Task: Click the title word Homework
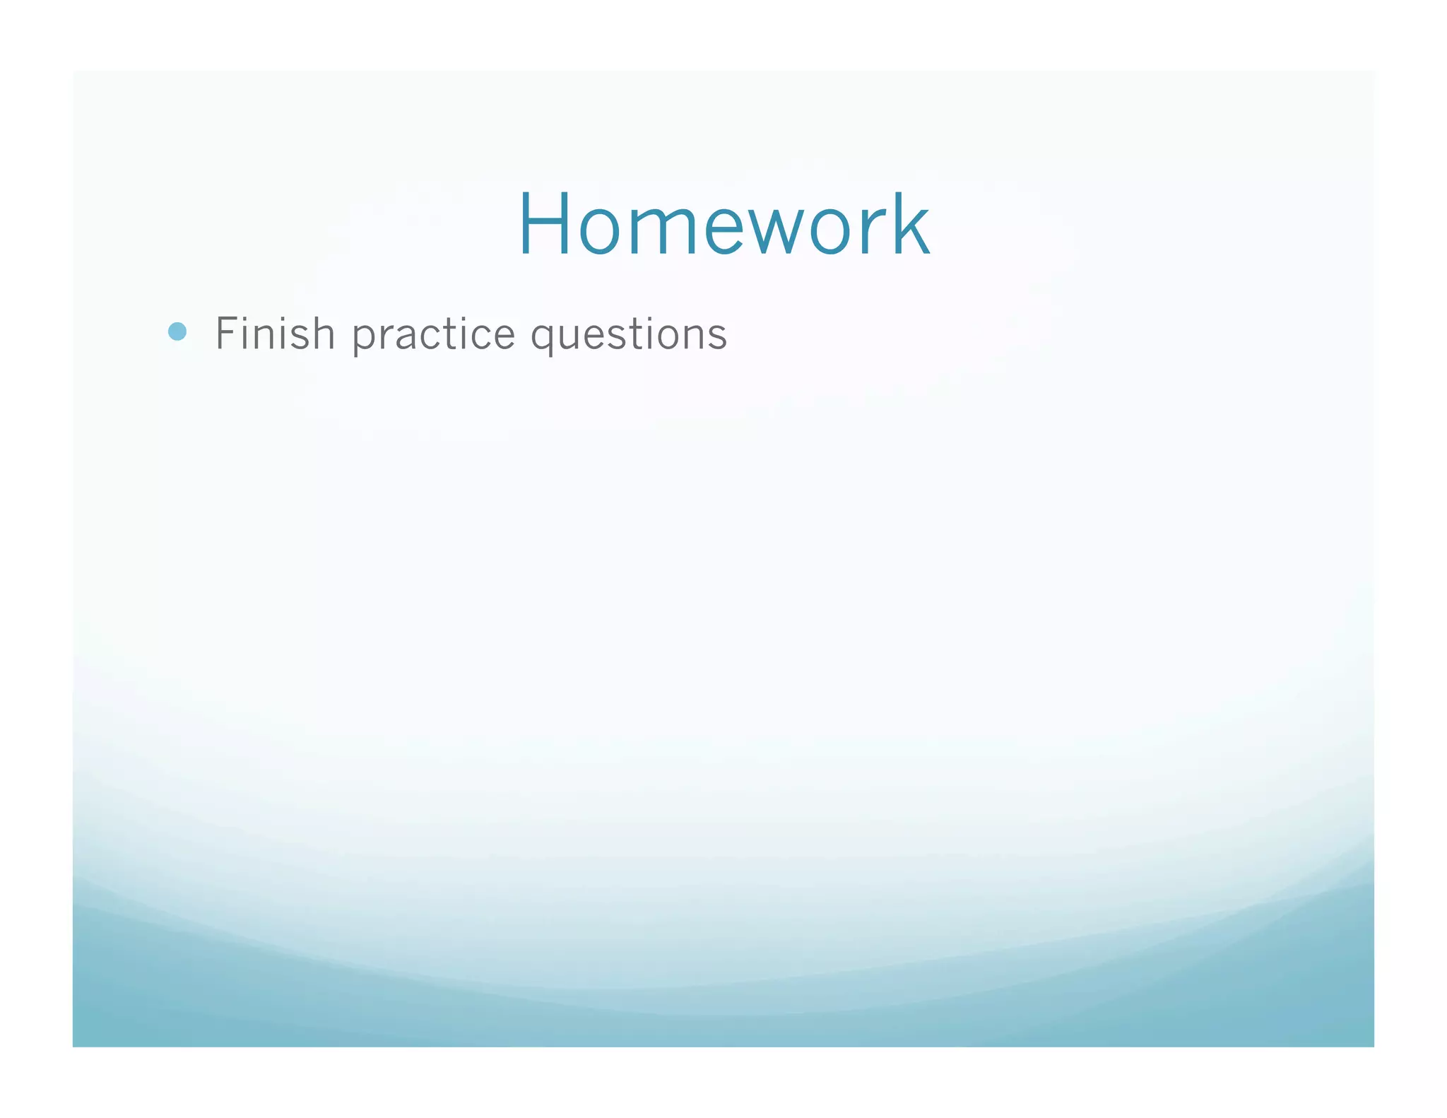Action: coord(723,225)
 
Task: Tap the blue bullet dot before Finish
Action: coord(177,331)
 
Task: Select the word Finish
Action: coord(275,334)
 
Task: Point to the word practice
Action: coord(434,335)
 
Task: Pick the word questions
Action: coord(629,335)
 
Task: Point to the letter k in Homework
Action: coord(910,225)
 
